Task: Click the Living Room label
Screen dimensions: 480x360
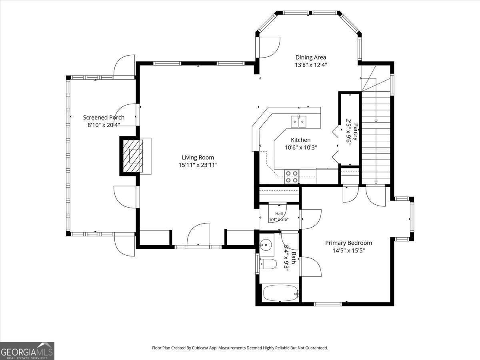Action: (198, 157)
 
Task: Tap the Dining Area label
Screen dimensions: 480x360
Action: (311, 57)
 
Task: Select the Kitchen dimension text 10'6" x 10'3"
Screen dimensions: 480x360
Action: (301, 148)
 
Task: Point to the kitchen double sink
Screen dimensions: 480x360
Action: (298, 122)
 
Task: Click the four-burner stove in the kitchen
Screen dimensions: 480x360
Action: (292, 177)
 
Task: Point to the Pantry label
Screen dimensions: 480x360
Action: (356, 132)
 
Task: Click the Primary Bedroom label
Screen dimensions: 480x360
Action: (348, 243)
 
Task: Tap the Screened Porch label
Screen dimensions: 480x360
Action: (104, 117)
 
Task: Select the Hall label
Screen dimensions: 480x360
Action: (279, 214)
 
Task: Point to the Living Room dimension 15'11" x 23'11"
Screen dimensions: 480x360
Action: (198, 165)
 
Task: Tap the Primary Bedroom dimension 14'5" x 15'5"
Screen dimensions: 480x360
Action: (348, 250)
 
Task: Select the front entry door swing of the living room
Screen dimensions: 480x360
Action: (198, 236)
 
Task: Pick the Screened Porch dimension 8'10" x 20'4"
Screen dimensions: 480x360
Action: (104, 125)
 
